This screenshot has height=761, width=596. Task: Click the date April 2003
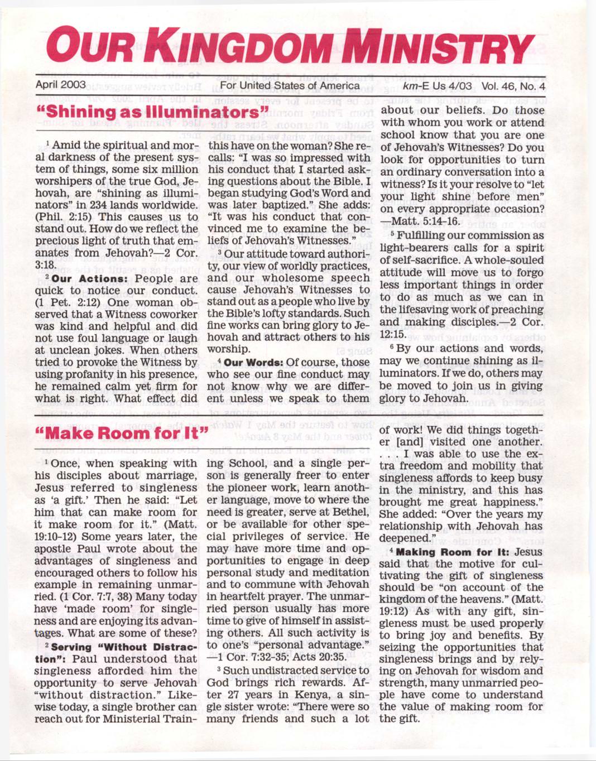[60, 85]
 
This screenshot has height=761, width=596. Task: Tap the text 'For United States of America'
[290, 85]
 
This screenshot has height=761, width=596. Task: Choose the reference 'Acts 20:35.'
[320, 657]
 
